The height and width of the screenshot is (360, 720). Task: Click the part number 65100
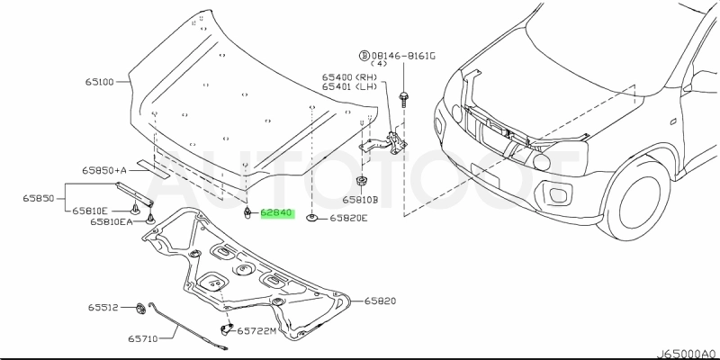[99, 82]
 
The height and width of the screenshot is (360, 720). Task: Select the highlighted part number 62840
[277, 213]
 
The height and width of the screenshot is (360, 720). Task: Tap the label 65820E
[348, 218]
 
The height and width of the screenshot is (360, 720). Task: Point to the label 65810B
[360, 200]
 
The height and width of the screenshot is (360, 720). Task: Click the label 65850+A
[103, 170]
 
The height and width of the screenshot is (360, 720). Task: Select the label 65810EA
[111, 221]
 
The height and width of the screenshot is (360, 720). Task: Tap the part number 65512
[103, 307]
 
